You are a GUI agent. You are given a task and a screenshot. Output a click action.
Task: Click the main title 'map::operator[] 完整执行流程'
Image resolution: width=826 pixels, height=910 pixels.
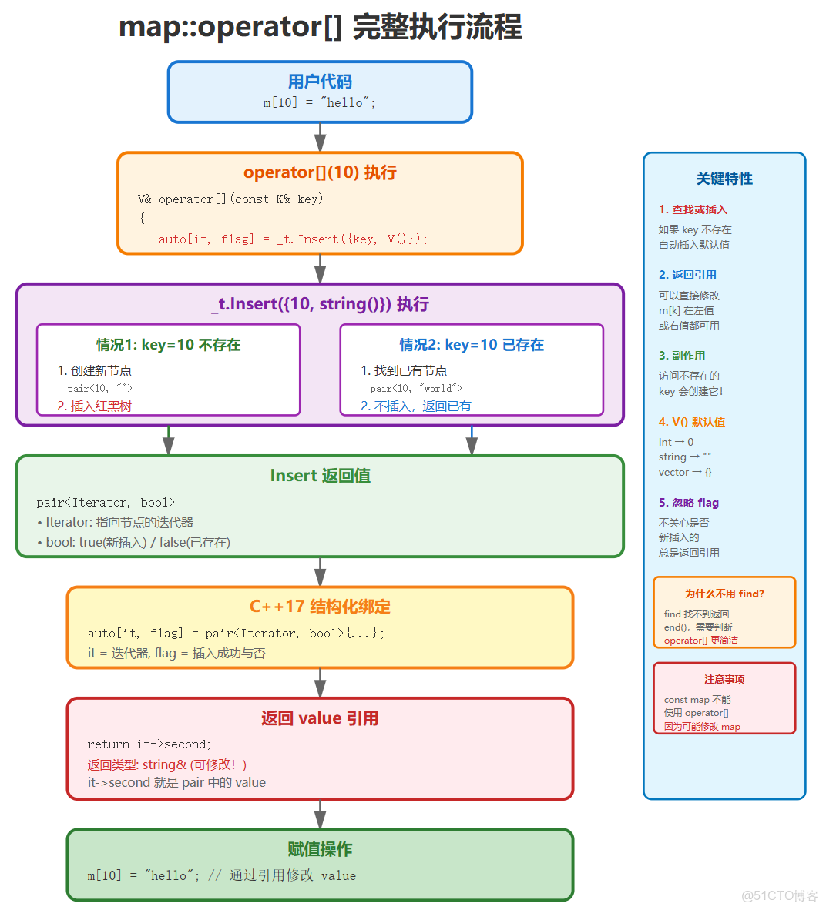(320, 28)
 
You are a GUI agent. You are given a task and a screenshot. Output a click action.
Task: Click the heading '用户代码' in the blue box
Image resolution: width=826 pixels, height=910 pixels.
(320, 82)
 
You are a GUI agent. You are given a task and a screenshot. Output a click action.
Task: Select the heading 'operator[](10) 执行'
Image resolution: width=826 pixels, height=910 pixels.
(320, 172)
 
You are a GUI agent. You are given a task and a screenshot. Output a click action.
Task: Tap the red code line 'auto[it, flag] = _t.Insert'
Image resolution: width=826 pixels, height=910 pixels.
(293, 239)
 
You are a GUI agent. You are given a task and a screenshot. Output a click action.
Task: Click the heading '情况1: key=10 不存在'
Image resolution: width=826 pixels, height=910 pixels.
(168, 345)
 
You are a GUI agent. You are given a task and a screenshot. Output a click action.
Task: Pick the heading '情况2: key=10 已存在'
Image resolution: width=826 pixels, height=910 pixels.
(472, 345)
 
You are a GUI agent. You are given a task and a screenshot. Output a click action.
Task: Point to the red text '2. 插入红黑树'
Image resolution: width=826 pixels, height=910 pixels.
(94, 406)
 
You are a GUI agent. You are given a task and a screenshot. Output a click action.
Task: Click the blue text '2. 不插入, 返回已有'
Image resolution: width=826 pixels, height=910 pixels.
(415, 406)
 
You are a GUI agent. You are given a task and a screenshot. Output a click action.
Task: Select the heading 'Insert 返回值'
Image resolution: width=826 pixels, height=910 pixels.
(320, 476)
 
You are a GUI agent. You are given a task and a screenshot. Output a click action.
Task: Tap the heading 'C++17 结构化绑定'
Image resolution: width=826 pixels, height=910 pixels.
(320, 607)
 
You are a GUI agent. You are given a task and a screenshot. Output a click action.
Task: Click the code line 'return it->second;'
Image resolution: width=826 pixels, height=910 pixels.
(149, 744)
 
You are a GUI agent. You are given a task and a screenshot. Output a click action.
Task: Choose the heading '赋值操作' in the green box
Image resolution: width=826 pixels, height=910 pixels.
(320, 849)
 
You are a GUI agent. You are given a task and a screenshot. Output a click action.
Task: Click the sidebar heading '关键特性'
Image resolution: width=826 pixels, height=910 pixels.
(724, 179)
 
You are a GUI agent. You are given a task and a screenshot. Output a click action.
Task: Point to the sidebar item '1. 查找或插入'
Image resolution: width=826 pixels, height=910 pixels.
(693, 209)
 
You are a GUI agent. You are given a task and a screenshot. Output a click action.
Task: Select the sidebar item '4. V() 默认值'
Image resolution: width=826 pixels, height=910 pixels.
(691, 422)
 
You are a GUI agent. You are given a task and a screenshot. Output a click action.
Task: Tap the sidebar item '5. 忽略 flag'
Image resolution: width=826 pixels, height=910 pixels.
(688, 503)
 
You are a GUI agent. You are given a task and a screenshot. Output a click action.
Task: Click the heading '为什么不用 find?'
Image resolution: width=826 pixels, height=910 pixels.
(724, 594)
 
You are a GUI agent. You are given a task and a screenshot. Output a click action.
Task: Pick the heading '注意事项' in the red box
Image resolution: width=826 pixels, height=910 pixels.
(724, 679)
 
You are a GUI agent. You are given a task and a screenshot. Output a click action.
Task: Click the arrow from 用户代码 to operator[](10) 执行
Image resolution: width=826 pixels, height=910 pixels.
(320, 138)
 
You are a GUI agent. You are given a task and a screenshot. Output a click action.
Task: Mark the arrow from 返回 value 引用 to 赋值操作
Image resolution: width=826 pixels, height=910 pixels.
(320, 815)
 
